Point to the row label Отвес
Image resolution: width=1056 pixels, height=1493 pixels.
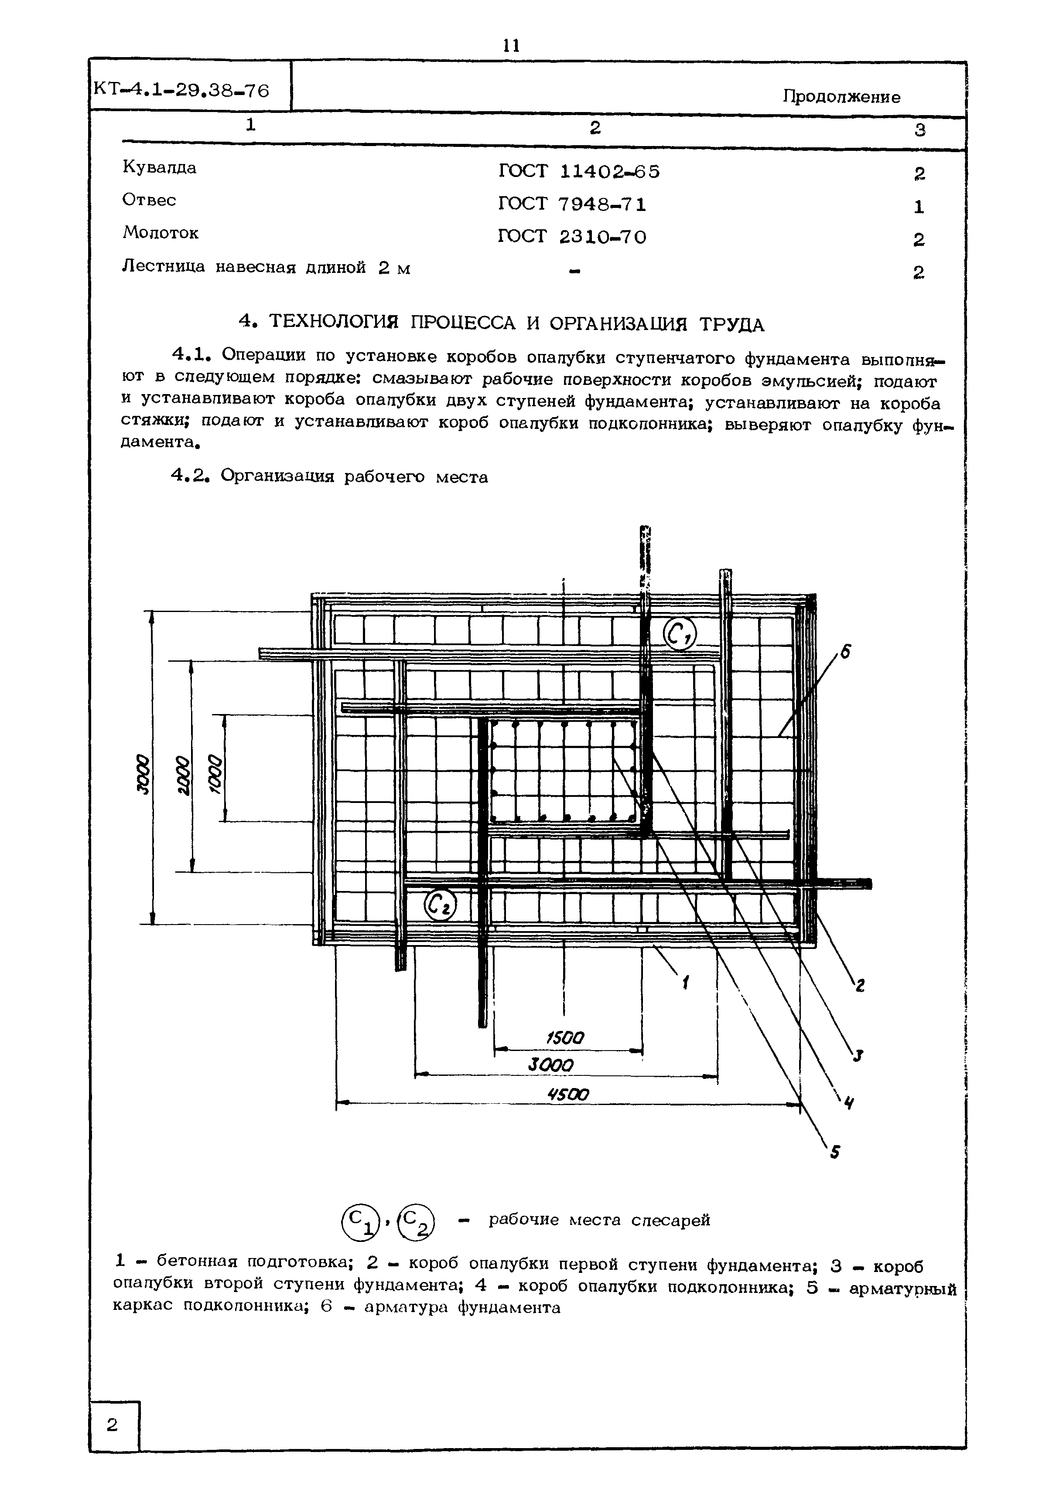click(x=149, y=200)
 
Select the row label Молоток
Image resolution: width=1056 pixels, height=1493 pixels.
click(x=160, y=233)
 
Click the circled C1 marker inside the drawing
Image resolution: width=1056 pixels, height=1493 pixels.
click(x=679, y=633)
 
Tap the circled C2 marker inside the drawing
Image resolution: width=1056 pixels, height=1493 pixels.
click(x=441, y=905)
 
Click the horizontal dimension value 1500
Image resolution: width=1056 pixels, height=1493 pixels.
click(x=565, y=1038)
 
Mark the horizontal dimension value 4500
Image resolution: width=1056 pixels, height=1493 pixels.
click(x=567, y=1095)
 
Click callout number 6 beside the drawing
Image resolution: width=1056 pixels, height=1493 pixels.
click(x=845, y=652)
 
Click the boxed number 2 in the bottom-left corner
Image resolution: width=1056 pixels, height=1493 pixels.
click(x=113, y=1425)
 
